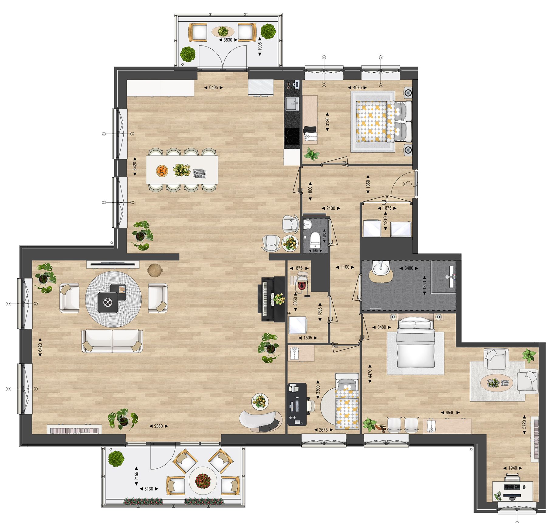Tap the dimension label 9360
(x=158, y=426)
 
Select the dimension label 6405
(x=213, y=88)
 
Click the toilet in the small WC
(x=314, y=239)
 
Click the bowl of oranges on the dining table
(x=162, y=170)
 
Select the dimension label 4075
(x=357, y=88)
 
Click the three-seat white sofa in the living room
(x=112, y=341)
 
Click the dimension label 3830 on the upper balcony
(x=228, y=40)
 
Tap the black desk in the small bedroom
(x=296, y=404)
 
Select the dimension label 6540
(x=450, y=412)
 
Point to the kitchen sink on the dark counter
(x=292, y=103)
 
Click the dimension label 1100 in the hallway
(x=345, y=267)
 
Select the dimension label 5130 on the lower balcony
(x=149, y=489)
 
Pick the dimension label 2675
(x=323, y=430)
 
